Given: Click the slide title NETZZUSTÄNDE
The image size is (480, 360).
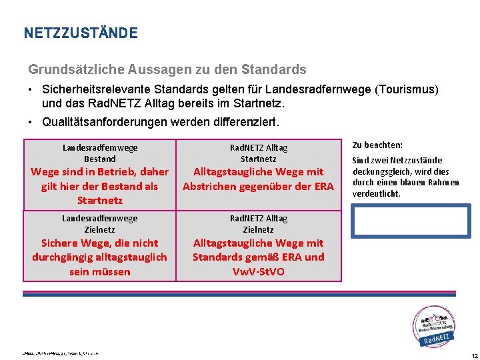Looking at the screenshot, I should pyautogui.click(x=80, y=33).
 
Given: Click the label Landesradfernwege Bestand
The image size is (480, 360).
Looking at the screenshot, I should pyautogui.click(x=99, y=153).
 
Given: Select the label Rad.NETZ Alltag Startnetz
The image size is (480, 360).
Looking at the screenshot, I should pyautogui.click(x=258, y=153).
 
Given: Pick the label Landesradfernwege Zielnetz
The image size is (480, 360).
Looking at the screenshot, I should pyautogui.click(x=99, y=223).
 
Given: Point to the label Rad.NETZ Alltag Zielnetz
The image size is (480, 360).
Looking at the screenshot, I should pyautogui.click(x=258, y=223).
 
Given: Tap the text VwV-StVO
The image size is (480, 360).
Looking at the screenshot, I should pyautogui.click(x=258, y=271).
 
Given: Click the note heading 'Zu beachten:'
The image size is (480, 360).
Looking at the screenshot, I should pyautogui.click(x=377, y=145).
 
